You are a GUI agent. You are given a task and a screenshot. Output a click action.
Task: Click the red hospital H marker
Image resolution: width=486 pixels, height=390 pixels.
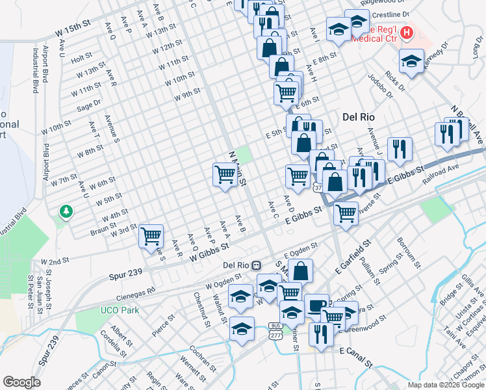(x=407, y=31)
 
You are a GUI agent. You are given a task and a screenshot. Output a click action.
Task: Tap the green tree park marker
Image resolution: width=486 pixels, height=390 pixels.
(x=66, y=211)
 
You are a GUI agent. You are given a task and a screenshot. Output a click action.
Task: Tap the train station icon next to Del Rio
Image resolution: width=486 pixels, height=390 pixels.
(x=257, y=265)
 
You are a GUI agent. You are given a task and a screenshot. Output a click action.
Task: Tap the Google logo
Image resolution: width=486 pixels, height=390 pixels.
(x=21, y=382)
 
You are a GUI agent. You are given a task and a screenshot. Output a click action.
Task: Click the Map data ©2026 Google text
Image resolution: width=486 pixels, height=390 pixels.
(x=445, y=385)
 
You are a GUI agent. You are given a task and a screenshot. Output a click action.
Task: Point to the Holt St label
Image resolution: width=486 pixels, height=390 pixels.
(x=81, y=57)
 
